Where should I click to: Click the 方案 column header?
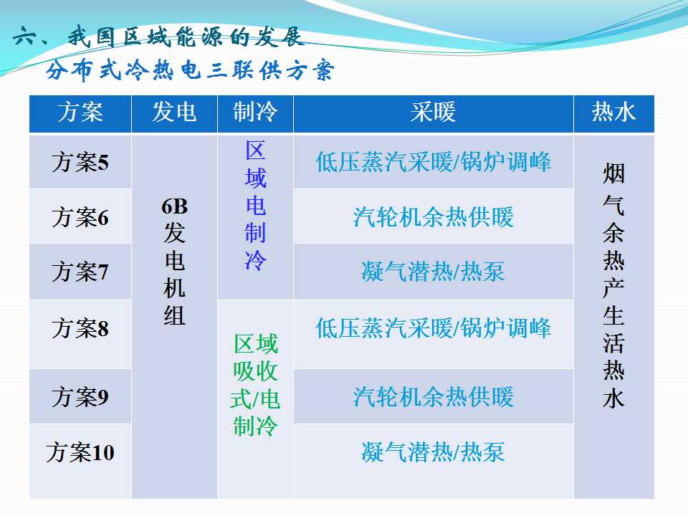80,112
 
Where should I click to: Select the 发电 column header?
174,112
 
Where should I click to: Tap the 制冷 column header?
255,112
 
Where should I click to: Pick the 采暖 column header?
433,112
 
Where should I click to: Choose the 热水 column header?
613,112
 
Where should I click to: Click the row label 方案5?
80,163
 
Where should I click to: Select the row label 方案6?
80,217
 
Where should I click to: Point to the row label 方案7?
80,272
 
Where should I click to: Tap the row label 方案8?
80,328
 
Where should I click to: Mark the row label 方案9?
80,397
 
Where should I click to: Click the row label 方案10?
80,452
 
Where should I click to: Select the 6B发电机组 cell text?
174,262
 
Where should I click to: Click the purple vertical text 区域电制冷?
255,206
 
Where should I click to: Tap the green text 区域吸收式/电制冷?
255,385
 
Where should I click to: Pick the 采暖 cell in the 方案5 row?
433,162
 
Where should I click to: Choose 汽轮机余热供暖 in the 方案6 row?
433,217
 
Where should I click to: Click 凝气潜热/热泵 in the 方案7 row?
433,272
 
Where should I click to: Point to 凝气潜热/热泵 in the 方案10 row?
433,452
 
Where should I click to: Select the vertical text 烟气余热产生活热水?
613,286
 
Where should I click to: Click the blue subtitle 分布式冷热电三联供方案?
190,70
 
